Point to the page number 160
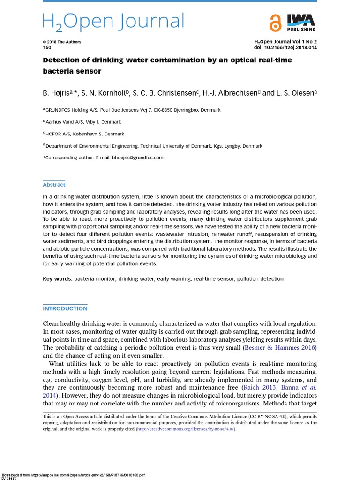coord(47,48)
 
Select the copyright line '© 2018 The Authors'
coord(62,42)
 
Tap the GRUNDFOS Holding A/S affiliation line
coord(132,110)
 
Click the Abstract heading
coord(54,185)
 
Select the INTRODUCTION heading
coord(65,308)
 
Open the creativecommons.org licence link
coord(186,429)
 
